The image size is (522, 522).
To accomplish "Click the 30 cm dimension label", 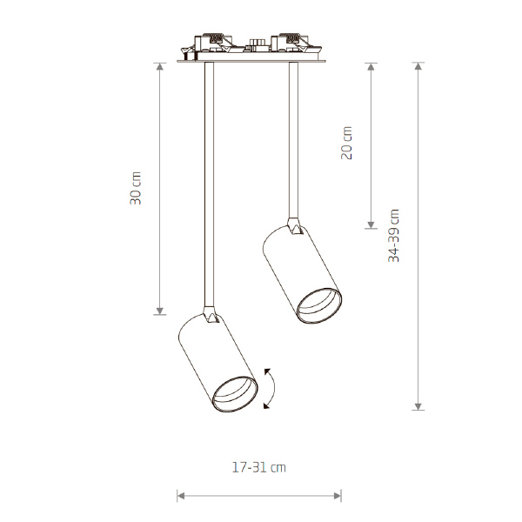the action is coord(136,188).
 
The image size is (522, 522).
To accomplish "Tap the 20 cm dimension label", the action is coord(346,143).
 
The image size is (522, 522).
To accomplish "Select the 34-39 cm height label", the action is coord(393,236).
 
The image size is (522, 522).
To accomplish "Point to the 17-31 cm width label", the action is coord(258,467).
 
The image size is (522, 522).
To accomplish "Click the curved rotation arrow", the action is coord(274,388).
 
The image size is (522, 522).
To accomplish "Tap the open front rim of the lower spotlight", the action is coord(235,395).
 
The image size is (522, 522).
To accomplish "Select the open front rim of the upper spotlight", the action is coord(319,306).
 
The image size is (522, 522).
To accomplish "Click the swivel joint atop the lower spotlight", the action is coord(211,315).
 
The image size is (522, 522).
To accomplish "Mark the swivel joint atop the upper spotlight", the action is coord(294,226).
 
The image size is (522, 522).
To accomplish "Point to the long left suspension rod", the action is coord(209,184).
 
